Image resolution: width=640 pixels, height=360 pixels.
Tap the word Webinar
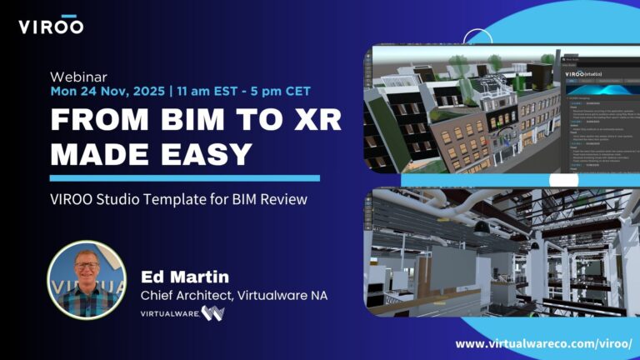tap(74, 74)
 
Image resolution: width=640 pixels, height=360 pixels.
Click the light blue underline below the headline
tap(184, 178)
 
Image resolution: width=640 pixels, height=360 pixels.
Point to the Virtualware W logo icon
tap(212, 314)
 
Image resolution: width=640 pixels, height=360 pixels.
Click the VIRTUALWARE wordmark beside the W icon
tap(168, 314)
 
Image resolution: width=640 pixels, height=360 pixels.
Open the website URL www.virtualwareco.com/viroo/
tap(543, 342)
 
